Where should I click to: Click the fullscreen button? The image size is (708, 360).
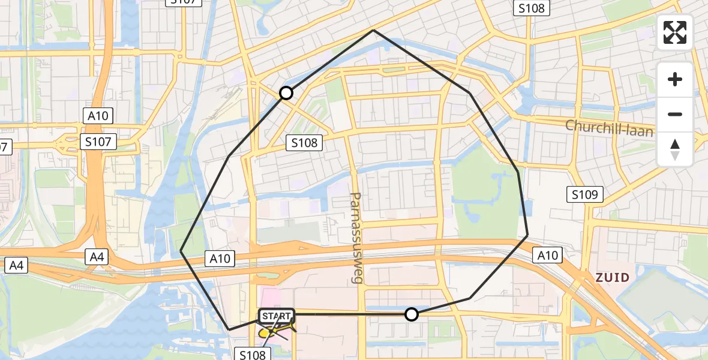pyautogui.click(x=675, y=32)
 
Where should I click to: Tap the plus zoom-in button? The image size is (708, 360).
pyautogui.click(x=675, y=79)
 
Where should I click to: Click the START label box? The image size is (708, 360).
pyautogui.click(x=276, y=316)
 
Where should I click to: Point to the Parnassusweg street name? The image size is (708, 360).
pyautogui.click(x=356, y=238)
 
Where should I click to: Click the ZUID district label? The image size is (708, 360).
pyautogui.click(x=612, y=277)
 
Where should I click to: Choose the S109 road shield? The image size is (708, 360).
pyautogui.click(x=585, y=194)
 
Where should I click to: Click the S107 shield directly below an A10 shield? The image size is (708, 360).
pyautogui.click(x=100, y=142)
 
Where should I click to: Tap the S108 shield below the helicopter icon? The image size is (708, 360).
pyautogui.click(x=252, y=355)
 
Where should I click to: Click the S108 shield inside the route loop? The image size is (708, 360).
pyautogui.click(x=305, y=143)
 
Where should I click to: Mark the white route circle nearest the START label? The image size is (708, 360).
pyautogui.click(x=412, y=314)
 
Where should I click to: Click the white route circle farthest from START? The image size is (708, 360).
pyautogui.click(x=286, y=93)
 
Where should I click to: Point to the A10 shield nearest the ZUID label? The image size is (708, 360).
pyautogui.click(x=547, y=256)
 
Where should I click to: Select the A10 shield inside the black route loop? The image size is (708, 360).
pyautogui.click(x=220, y=259)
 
